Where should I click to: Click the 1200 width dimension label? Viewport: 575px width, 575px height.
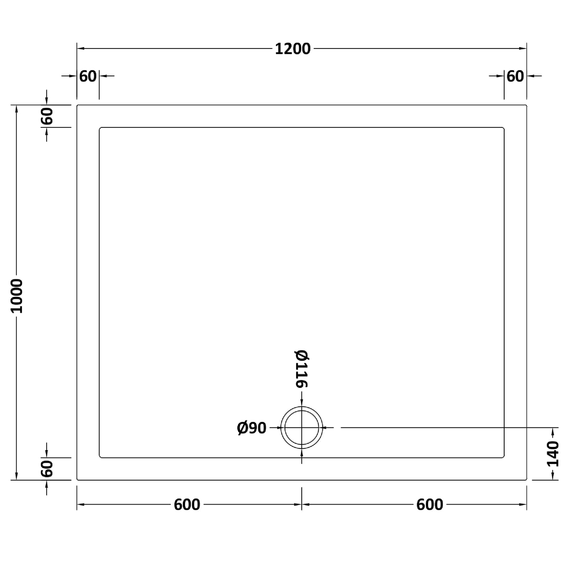coord(292,49)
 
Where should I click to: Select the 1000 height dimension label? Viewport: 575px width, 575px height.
coord(17,296)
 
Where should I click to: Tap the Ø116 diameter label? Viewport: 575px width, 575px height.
coord(301,369)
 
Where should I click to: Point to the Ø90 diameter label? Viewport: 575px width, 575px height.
coord(251,428)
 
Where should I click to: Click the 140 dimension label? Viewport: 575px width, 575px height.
coord(553,454)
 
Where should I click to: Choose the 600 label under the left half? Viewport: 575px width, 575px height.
coord(187,505)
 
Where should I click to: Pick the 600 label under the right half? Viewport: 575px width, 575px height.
coord(429,505)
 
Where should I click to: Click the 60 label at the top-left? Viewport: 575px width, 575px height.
coord(88,76)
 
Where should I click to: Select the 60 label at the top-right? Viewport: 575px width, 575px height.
coord(515,76)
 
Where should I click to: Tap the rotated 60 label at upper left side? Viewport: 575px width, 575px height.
coord(47,116)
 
